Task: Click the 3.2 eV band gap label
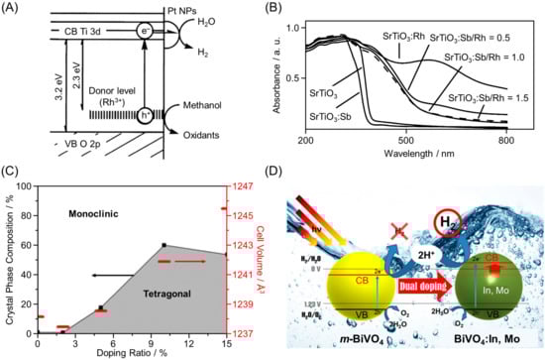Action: pyautogui.click(x=40, y=107)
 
